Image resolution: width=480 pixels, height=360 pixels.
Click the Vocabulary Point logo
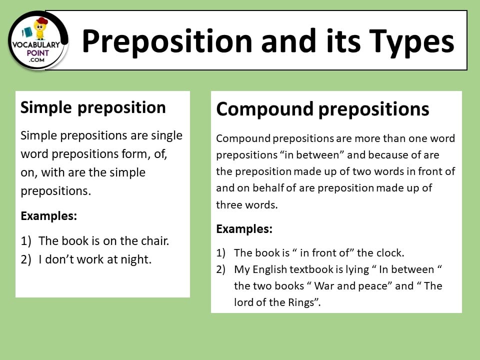[x=38, y=39]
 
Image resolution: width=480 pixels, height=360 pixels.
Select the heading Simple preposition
[x=93, y=107]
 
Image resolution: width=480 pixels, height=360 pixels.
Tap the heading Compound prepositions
[x=322, y=109]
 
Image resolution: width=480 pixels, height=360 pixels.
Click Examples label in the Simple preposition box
[x=49, y=216]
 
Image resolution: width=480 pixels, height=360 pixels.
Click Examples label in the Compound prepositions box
[x=244, y=229]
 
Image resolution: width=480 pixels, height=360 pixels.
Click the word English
[x=271, y=269]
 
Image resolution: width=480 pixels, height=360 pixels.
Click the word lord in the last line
[x=244, y=302]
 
